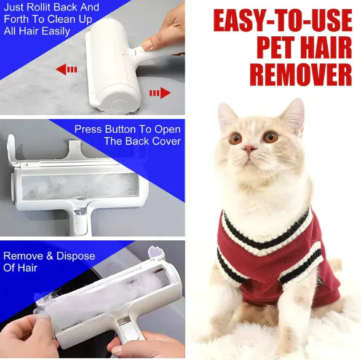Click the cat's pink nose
(249, 149)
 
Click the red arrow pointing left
(66, 69)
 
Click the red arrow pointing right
(160, 93)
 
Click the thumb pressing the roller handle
(154, 44)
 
